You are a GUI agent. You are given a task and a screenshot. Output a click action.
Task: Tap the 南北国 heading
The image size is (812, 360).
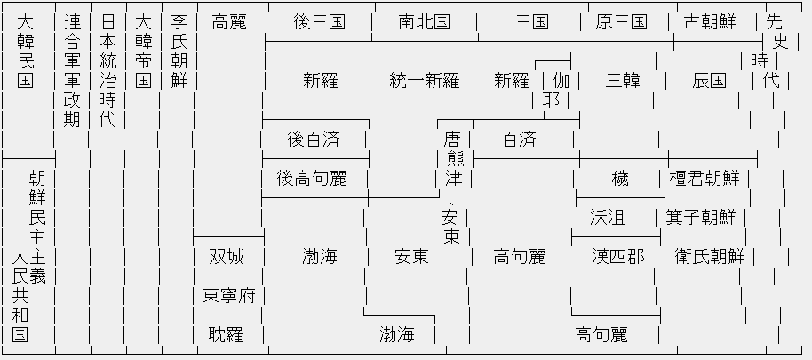pyautogui.click(x=424, y=22)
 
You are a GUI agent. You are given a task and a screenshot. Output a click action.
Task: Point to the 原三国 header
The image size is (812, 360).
pyautogui.click(x=621, y=22)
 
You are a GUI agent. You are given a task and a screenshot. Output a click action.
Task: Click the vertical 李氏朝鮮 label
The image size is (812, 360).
pyautogui.click(x=179, y=52)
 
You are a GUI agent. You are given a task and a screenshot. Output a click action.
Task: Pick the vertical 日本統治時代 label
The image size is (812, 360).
pyautogui.click(x=107, y=71)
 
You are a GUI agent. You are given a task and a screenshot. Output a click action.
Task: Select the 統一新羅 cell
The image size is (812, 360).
pyautogui.click(x=424, y=81)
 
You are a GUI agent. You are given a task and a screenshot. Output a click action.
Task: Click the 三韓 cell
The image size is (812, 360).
pyautogui.click(x=621, y=81)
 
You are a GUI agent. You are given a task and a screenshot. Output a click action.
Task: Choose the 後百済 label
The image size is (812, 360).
pyautogui.click(x=314, y=140)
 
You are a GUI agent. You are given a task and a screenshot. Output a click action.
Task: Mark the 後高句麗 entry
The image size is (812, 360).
pyautogui.click(x=311, y=179)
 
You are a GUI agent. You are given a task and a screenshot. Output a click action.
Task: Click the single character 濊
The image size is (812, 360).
pyautogui.click(x=620, y=179)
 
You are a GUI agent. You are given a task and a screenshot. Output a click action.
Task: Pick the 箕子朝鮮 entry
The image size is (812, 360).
pyautogui.click(x=701, y=218)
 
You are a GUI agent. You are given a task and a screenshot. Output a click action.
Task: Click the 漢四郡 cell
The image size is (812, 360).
pyautogui.click(x=618, y=257)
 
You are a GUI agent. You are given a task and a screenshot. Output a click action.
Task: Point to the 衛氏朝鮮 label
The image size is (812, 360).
pyautogui.click(x=710, y=257)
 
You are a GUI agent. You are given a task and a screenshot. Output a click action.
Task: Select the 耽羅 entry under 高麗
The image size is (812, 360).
pyautogui.click(x=227, y=335)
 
